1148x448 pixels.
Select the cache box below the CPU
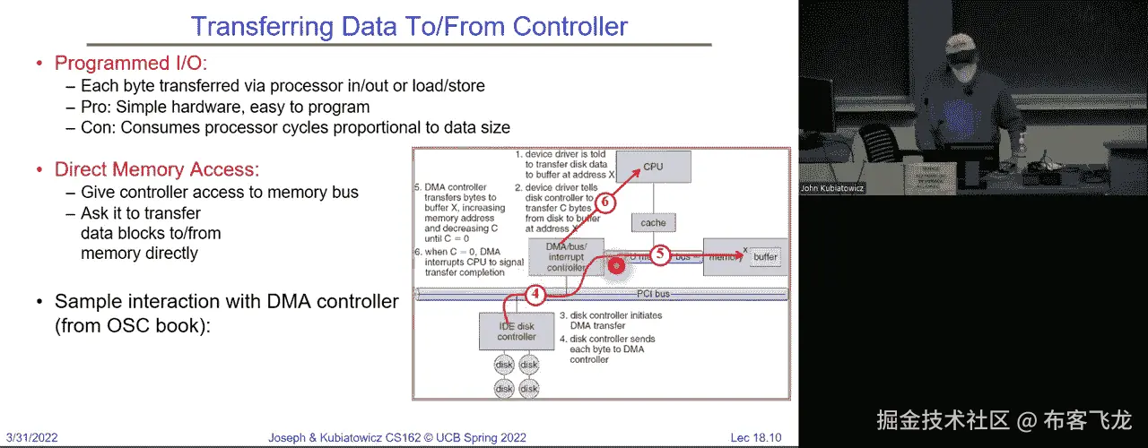pos(653,222)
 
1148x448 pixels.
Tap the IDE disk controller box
pos(517,331)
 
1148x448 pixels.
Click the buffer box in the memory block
pos(765,257)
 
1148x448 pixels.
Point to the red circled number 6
pos(605,202)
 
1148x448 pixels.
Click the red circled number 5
pos(659,254)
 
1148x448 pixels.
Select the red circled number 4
pos(535,293)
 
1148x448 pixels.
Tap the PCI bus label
pos(653,293)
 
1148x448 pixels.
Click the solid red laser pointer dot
pos(616,265)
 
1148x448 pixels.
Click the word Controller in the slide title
pos(570,26)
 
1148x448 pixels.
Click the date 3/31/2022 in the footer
pos(30,437)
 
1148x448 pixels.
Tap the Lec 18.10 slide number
pos(755,437)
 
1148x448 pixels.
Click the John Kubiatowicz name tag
pos(832,188)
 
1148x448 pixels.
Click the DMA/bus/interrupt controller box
pos(567,256)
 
